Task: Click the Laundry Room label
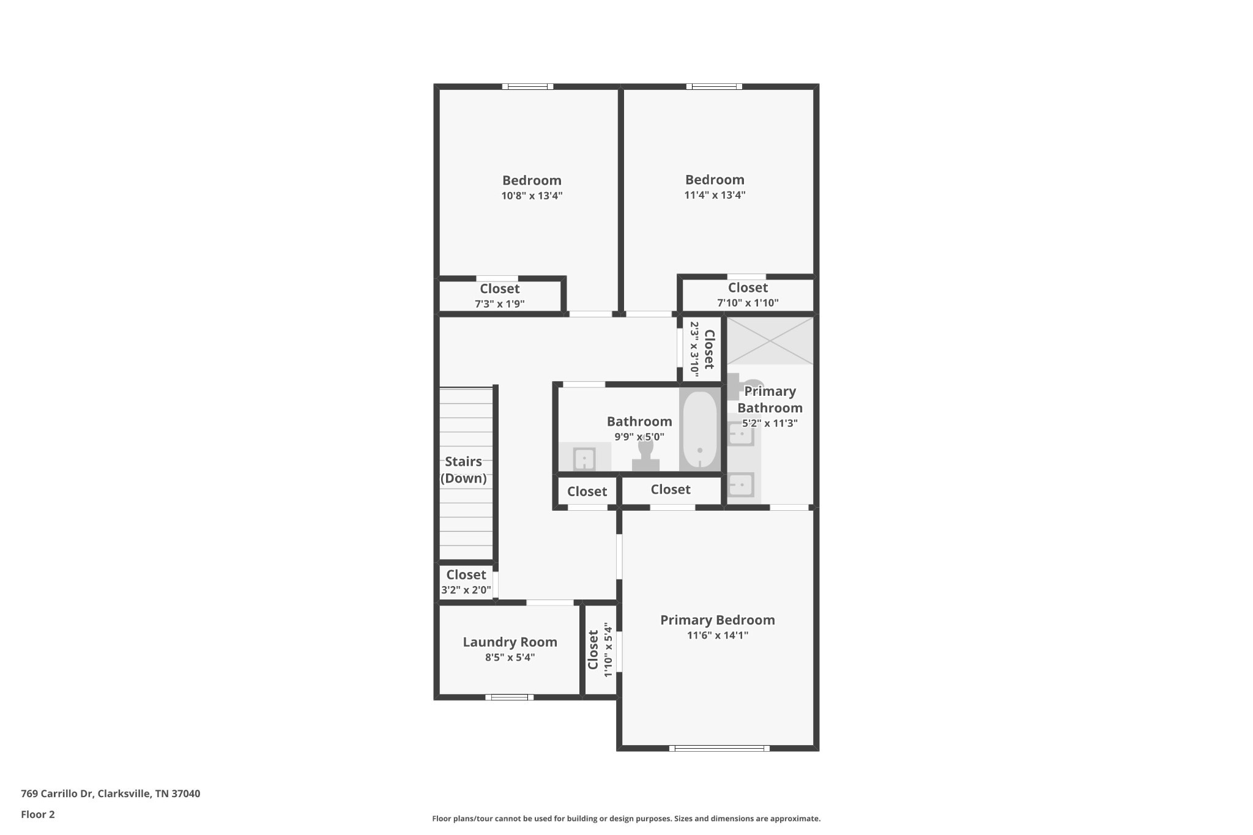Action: pyautogui.click(x=510, y=642)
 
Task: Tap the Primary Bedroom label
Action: pyautogui.click(x=717, y=620)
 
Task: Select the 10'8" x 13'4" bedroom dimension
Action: pyautogui.click(x=532, y=196)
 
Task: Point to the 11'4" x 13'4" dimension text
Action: pyautogui.click(x=715, y=195)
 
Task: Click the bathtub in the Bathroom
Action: pyautogui.click(x=699, y=429)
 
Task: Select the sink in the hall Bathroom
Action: pyautogui.click(x=584, y=458)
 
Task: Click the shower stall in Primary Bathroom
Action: pyautogui.click(x=770, y=340)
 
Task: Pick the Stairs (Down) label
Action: pyautogui.click(x=464, y=470)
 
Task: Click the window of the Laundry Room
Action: pyautogui.click(x=510, y=697)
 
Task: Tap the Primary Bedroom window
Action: pyautogui.click(x=719, y=748)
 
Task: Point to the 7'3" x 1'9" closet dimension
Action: pyautogui.click(x=500, y=303)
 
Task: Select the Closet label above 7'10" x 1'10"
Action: pyautogui.click(x=748, y=288)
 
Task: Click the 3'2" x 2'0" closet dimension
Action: pyautogui.click(x=466, y=590)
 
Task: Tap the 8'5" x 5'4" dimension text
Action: pyautogui.click(x=510, y=658)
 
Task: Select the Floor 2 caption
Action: pyautogui.click(x=38, y=814)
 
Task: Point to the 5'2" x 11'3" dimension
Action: pyautogui.click(x=770, y=423)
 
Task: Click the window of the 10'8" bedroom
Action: pyautogui.click(x=528, y=86)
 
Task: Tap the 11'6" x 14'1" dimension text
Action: pyautogui.click(x=718, y=635)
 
